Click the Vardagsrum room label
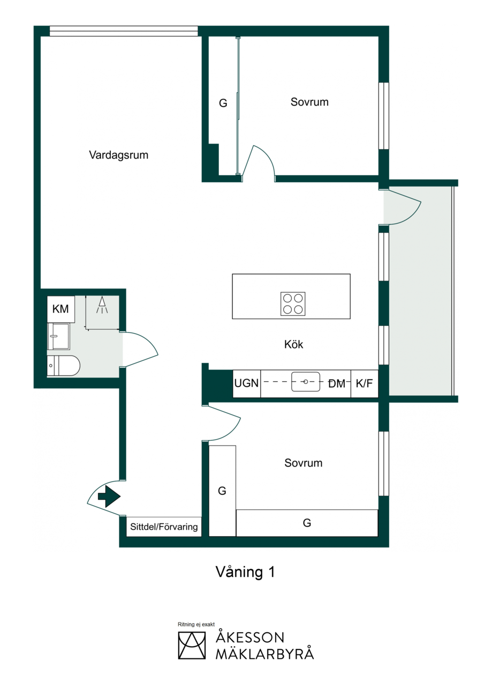(119, 155)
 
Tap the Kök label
(293, 344)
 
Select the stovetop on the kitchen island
(293, 303)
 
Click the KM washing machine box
(61, 309)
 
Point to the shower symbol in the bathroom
(102, 305)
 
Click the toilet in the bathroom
(63, 366)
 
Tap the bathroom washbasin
(58, 336)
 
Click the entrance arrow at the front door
(109, 496)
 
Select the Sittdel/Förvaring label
(164, 527)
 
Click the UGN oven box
(247, 383)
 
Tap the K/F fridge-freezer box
(365, 383)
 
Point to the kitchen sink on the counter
(305, 382)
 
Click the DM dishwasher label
(337, 384)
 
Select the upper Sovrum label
(309, 102)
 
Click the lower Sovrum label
(303, 463)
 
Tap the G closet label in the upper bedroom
(223, 103)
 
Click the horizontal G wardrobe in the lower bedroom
(307, 523)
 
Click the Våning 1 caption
(245, 572)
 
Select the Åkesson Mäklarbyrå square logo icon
(192, 645)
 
